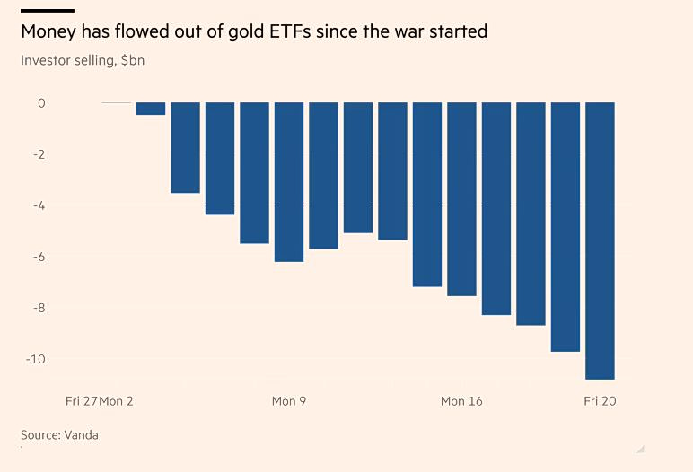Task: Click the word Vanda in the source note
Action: click(x=81, y=435)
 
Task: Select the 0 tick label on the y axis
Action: click(x=41, y=103)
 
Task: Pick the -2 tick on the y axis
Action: click(x=39, y=154)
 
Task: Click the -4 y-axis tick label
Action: click(x=39, y=205)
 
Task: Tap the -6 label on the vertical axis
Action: click(x=39, y=257)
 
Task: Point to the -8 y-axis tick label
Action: click(x=39, y=308)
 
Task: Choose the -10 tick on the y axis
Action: click(x=36, y=359)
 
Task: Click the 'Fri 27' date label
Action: click(x=82, y=401)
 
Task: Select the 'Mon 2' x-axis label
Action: click(x=117, y=401)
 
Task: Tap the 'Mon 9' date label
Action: click(x=289, y=401)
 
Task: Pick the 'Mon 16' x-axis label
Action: click(x=461, y=401)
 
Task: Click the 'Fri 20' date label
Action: click(x=600, y=401)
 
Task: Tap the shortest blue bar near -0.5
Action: click(x=151, y=109)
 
